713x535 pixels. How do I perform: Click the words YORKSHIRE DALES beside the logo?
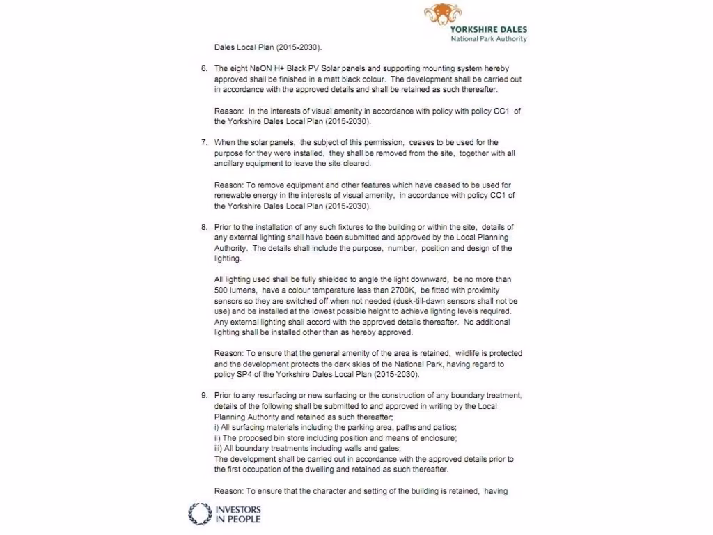pyautogui.click(x=488, y=30)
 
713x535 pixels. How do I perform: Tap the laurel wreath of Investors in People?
pyautogui.click(x=200, y=514)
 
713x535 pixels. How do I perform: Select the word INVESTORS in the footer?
pyautogui.click(x=238, y=509)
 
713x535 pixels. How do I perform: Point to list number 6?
pyautogui.click(x=204, y=69)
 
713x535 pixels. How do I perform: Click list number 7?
pyautogui.click(x=204, y=142)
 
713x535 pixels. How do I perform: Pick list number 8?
pyautogui.click(x=204, y=227)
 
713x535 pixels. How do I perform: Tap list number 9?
pyautogui.click(x=204, y=396)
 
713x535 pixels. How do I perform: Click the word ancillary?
pyautogui.click(x=231, y=164)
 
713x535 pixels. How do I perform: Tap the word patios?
pyautogui.click(x=444, y=427)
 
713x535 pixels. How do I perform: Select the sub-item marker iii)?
pyautogui.click(x=218, y=449)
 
